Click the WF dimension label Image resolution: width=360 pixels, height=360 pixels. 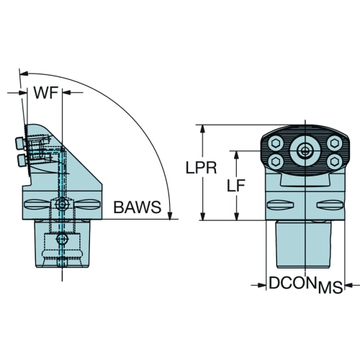tap(46, 93)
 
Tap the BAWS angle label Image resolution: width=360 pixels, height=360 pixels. tap(138, 207)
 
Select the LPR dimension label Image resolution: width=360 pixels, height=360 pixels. tap(201, 168)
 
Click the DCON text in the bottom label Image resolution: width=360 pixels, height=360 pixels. tap(292, 283)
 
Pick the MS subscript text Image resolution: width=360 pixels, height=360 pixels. tap(330, 287)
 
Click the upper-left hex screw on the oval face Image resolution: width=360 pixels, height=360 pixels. tap(276, 143)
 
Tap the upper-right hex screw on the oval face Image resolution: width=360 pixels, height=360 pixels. tap(334, 143)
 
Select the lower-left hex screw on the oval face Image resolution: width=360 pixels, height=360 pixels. tap(276, 161)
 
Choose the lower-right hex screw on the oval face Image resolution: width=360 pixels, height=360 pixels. tap(334, 161)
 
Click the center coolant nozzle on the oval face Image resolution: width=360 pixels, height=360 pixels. tap(305, 151)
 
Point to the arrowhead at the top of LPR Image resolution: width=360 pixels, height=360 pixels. tap(203, 129)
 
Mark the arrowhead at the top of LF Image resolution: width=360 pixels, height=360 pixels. tap(237, 155)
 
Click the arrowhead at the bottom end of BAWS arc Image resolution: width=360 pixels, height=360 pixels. tap(170, 215)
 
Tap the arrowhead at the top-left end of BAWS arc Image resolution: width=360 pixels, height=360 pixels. tap(24, 73)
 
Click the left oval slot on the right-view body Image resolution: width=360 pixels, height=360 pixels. tap(280, 205)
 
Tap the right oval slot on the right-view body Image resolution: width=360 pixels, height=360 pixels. tap(330, 205)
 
